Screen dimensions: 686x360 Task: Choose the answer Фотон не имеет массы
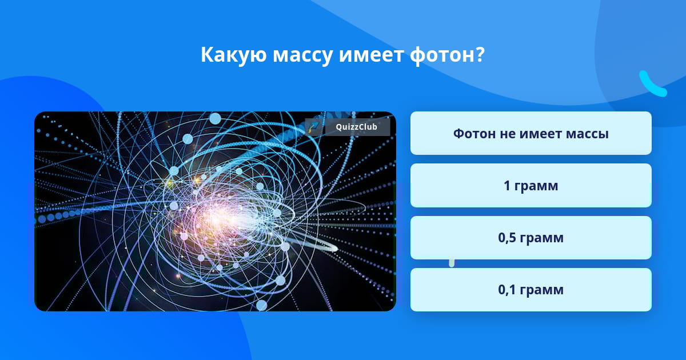531,133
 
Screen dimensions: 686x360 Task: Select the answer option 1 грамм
531,186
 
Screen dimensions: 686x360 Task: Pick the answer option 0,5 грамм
531,238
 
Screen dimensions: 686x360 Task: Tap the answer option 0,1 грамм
531,290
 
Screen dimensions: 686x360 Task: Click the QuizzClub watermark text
356,127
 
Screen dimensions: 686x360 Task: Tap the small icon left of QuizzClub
314,127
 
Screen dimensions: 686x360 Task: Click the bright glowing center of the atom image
221,217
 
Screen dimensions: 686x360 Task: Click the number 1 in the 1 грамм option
507,186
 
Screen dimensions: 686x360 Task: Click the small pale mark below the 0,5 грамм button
452,263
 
